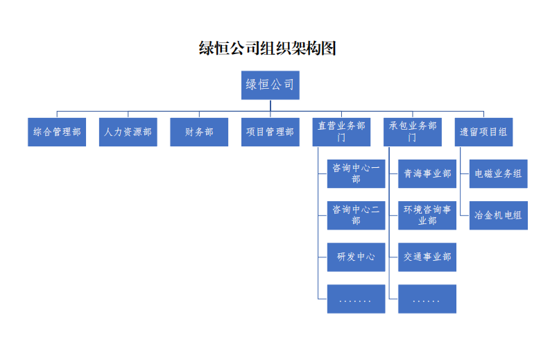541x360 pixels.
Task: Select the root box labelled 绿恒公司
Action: coord(270,85)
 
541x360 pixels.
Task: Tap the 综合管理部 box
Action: coord(57,132)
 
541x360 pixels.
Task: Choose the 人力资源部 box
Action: coord(128,132)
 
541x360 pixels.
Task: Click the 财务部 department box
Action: coord(199,132)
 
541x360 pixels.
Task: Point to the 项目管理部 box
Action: coord(270,132)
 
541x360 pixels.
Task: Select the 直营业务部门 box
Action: coord(341,132)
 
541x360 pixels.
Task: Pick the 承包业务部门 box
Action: coord(413,132)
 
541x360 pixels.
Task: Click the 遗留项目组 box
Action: coord(484,132)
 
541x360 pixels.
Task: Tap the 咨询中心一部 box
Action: coord(357,173)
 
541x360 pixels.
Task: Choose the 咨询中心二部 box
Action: coord(357,215)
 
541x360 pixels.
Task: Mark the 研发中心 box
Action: coord(357,257)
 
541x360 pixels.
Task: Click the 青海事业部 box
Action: coord(427,173)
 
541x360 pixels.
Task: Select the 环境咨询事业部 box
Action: coord(427,215)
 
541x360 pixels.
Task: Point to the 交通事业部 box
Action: coord(427,257)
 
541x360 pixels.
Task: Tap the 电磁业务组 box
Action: coord(499,173)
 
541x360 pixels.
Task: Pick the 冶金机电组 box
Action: coord(499,215)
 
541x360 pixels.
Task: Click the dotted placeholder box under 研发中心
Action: coord(357,299)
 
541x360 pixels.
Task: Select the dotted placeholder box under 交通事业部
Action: coord(427,299)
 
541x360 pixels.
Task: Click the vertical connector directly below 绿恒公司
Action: coord(270,105)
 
